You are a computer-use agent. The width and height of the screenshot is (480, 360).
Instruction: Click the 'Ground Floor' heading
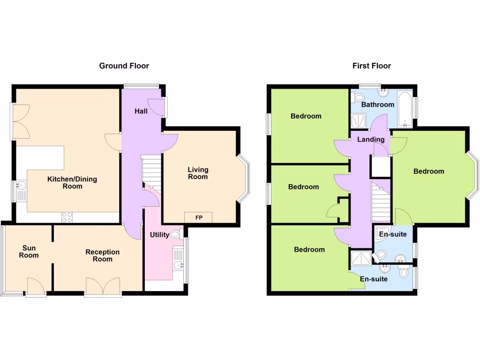[x=124, y=66]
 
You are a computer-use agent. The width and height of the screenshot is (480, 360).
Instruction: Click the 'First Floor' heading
[x=371, y=66]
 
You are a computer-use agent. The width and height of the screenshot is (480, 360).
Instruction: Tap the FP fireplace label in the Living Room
[x=198, y=217]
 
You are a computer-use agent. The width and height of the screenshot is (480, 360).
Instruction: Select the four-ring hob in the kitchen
[x=67, y=217]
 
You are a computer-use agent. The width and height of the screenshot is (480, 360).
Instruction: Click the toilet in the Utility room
[x=176, y=234]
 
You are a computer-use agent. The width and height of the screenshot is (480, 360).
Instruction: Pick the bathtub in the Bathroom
[x=405, y=110]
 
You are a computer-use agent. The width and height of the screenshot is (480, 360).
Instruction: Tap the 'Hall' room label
[x=141, y=111]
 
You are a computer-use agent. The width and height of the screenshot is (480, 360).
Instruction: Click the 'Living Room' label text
[x=198, y=173]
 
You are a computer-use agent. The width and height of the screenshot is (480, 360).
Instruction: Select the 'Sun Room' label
[x=29, y=251]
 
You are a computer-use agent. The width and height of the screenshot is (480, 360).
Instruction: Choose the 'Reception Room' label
[x=102, y=255]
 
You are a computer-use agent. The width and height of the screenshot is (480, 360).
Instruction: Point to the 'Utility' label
[x=159, y=234]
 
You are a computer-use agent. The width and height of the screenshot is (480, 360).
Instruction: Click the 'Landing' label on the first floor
[x=371, y=139]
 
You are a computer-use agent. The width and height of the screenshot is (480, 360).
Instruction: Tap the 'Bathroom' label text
[x=377, y=105]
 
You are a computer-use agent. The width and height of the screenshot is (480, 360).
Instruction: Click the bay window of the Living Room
[x=244, y=179]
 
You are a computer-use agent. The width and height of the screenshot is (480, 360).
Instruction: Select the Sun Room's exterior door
[x=36, y=287]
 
